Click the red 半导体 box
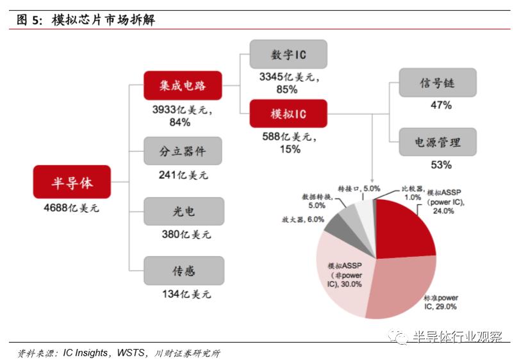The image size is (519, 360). [x=72, y=182]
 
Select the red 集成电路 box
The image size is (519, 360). [x=183, y=85]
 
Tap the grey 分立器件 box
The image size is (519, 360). [x=183, y=151]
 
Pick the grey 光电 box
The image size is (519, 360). [x=183, y=211]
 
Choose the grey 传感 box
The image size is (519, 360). [x=183, y=270]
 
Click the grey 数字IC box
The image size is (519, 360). [x=288, y=54]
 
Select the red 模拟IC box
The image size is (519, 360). [x=288, y=114]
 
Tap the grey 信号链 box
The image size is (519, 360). [x=439, y=83]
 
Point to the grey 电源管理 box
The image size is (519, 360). [x=439, y=142]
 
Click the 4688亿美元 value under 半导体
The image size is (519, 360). [x=72, y=208]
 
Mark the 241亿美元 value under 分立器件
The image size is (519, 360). [x=185, y=175]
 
